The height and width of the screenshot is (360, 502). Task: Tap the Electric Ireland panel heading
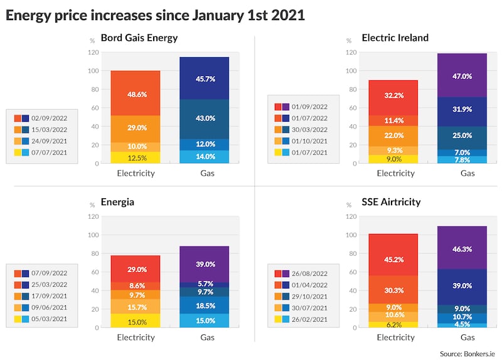(395, 38)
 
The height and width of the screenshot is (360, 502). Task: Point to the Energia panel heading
(118, 203)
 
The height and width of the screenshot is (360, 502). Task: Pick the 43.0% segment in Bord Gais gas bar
(205, 119)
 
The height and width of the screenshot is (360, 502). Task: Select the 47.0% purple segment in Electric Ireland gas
(462, 76)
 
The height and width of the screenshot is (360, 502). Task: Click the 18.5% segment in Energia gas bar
(205, 305)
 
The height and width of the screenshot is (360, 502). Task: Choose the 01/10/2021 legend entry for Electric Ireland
(298, 142)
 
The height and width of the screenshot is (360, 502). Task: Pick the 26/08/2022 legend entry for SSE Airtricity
(298, 273)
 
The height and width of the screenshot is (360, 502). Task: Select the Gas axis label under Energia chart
(205, 337)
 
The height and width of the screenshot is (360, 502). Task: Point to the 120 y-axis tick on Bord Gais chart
(93, 52)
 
